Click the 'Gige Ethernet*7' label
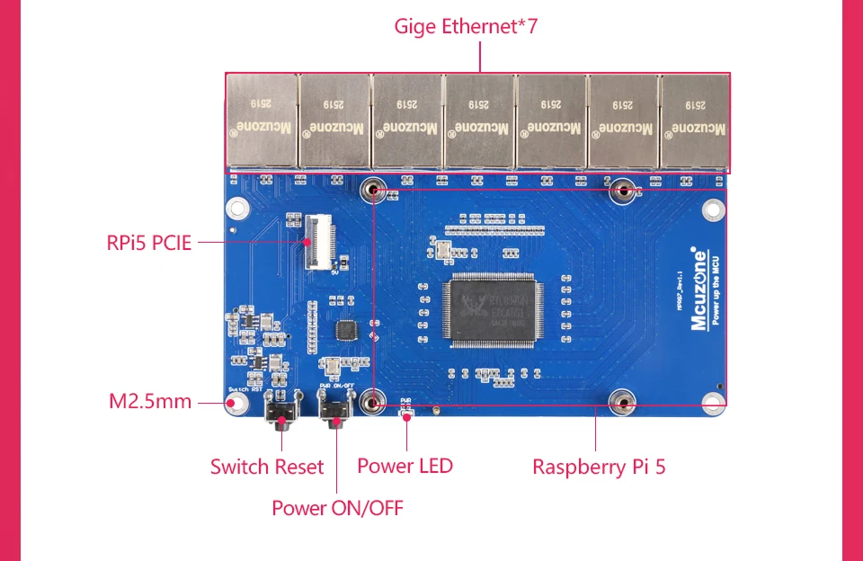pyautogui.click(x=465, y=26)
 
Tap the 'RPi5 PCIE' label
pyautogui.click(x=149, y=242)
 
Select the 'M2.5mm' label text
pyautogui.click(x=150, y=401)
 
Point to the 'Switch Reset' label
pyautogui.click(x=267, y=467)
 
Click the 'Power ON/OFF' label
pyautogui.click(x=337, y=508)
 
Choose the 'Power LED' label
pyautogui.click(x=405, y=466)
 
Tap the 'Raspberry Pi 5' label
pyautogui.click(x=599, y=467)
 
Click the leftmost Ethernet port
pyautogui.click(x=262, y=121)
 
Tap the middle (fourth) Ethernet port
pyautogui.click(x=477, y=121)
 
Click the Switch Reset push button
pyautogui.click(x=281, y=416)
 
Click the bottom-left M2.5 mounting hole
pyautogui.click(x=237, y=403)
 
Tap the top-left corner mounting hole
pyautogui.click(x=237, y=209)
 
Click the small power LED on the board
pyautogui.click(x=406, y=414)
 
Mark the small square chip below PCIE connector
pyautogui.click(x=345, y=330)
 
